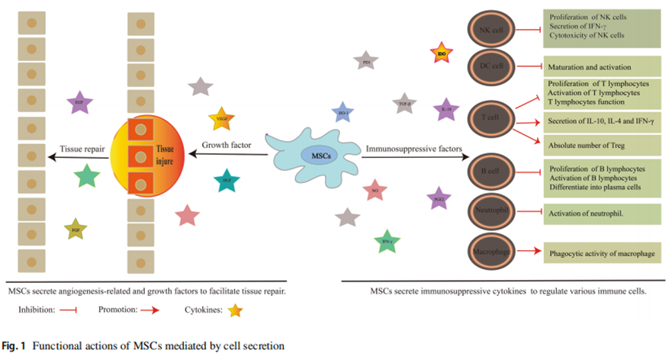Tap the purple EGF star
point(79,101)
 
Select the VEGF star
point(221,118)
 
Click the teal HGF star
point(227,181)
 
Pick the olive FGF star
point(76,228)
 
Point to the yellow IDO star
point(442,54)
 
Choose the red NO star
point(375,190)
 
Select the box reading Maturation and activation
point(600,66)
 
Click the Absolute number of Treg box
point(600,143)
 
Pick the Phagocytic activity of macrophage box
point(600,252)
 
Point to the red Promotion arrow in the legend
point(147,310)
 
